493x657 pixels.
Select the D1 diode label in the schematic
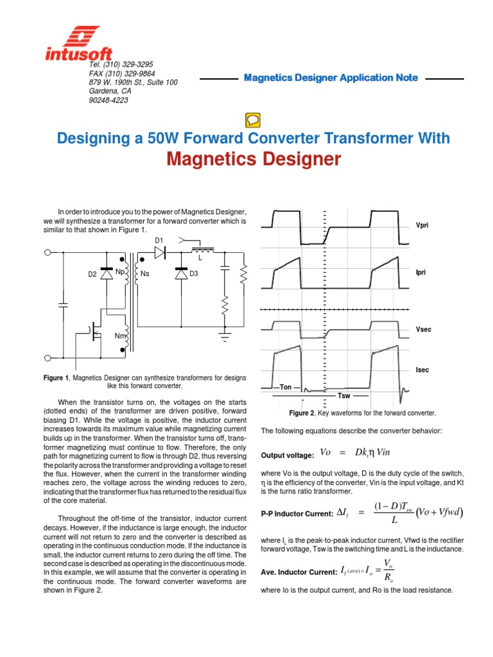160,240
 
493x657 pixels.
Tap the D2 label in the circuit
92,275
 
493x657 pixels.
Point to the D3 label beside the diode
193,275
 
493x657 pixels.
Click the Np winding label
120,271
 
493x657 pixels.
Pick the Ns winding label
144,275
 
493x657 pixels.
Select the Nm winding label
120,336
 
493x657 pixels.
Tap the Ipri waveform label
421,273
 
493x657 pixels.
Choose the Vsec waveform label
423,329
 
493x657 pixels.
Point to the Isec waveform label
422,370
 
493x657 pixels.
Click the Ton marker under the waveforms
285,388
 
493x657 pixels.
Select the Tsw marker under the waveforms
344,396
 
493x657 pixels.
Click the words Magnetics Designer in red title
254,159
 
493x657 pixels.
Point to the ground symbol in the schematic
225,334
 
